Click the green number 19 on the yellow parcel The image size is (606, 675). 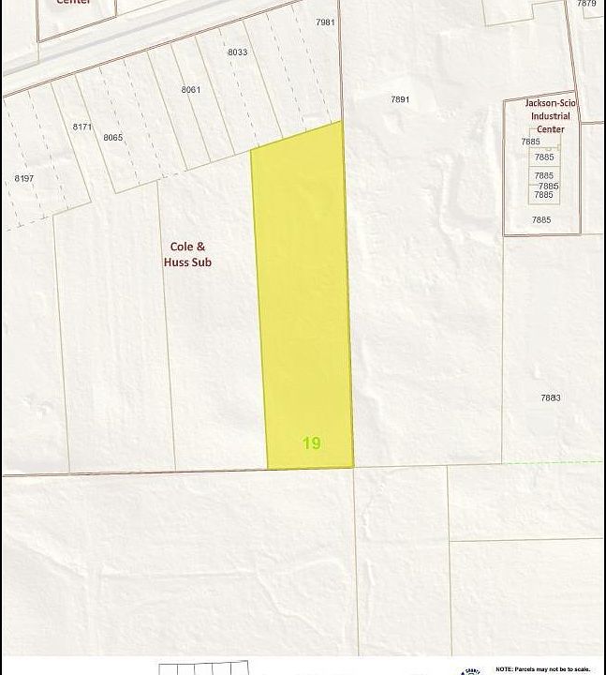click(312, 442)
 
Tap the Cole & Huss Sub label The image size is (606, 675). click(190, 254)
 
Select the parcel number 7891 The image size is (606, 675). click(400, 98)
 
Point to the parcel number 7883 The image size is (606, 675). click(550, 397)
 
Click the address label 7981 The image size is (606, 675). click(325, 22)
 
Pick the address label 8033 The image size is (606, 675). click(237, 52)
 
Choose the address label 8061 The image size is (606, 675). click(191, 89)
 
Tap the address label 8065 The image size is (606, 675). click(113, 137)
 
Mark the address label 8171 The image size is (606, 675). click(82, 127)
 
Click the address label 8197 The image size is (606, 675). click(23, 178)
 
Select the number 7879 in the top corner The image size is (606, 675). click(586, 4)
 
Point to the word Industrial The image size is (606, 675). click(550, 117)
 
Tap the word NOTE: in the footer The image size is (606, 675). click(504, 669)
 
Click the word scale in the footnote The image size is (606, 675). click(581, 669)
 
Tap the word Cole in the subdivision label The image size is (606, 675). click(182, 247)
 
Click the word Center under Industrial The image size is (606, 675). click(550, 129)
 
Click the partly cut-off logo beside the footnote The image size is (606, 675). click(472, 669)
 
